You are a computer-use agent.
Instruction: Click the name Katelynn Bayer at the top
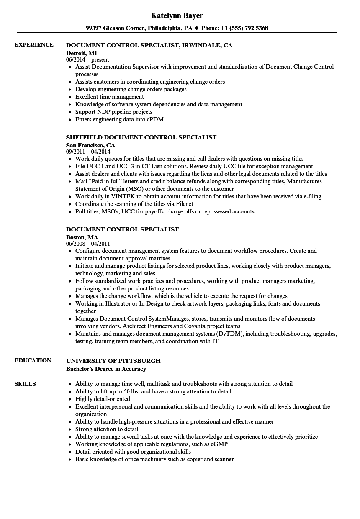point(177,15)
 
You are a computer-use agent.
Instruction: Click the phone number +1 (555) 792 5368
point(241,28)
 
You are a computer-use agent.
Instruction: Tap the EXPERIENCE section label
point(34,45)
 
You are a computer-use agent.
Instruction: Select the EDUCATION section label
point(33,360)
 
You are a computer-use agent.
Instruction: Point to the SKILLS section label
point(25,384)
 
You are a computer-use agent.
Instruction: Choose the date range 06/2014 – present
point(87,59)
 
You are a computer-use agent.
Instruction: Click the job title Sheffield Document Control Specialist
point(141,137)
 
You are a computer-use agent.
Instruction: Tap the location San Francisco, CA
point(90,145)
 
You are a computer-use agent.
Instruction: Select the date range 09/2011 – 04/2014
point(91,152)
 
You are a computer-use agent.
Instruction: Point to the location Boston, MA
point(82,237)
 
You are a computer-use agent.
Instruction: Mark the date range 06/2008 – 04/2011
point(91,244)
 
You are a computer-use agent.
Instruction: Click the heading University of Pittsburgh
point(113,360)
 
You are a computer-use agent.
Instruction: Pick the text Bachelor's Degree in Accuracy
point(106,369)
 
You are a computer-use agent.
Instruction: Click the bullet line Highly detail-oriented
point(103,399)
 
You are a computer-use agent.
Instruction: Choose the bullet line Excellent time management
point(109,97)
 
